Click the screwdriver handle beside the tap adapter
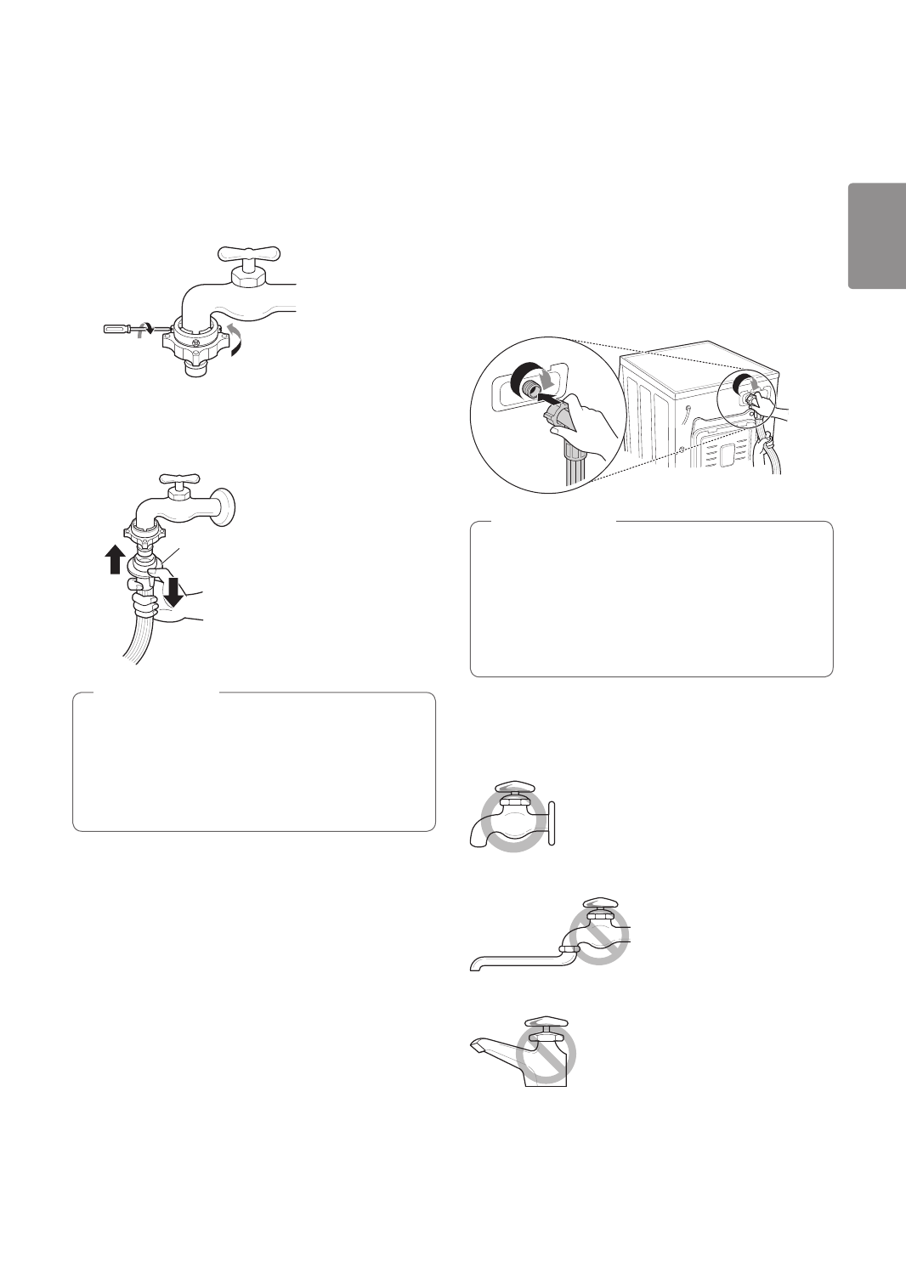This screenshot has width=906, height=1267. [x=117, y=328]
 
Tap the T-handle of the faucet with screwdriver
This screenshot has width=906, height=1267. [x=248, y=253]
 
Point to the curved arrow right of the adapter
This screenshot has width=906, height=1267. [x=237, y=336]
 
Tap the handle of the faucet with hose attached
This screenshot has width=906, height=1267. [x=177, y=478]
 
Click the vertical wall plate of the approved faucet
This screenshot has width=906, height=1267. [x=552, y=823]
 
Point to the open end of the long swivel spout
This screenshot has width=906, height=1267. [x=473, y=964]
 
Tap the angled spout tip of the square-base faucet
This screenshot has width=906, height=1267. [x=476, y=1046]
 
